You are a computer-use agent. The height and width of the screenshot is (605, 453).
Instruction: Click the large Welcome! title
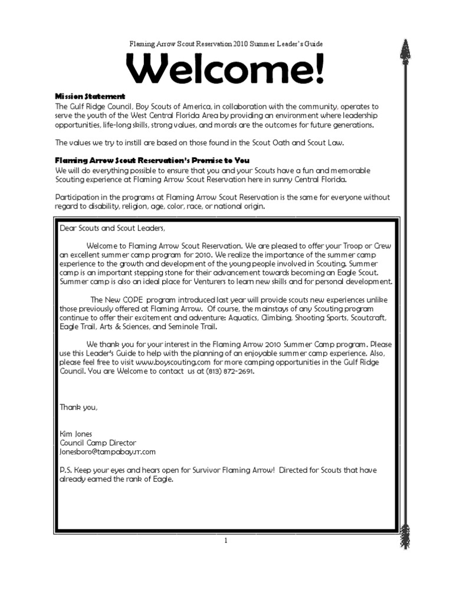point(226,70)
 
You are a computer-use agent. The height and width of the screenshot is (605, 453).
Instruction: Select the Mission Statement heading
point(90,96)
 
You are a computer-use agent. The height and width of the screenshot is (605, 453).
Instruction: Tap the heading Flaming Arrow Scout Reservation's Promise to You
point(152,160)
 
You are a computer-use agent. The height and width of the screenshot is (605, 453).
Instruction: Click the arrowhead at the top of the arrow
point(405,56)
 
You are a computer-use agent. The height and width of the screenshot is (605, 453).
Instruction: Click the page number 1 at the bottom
point(226,541)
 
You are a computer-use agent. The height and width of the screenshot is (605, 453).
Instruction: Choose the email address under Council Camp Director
point(107,451)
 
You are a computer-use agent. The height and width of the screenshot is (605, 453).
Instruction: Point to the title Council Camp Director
point(98,443)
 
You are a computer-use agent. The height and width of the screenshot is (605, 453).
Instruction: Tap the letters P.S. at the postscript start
point(66,470)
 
